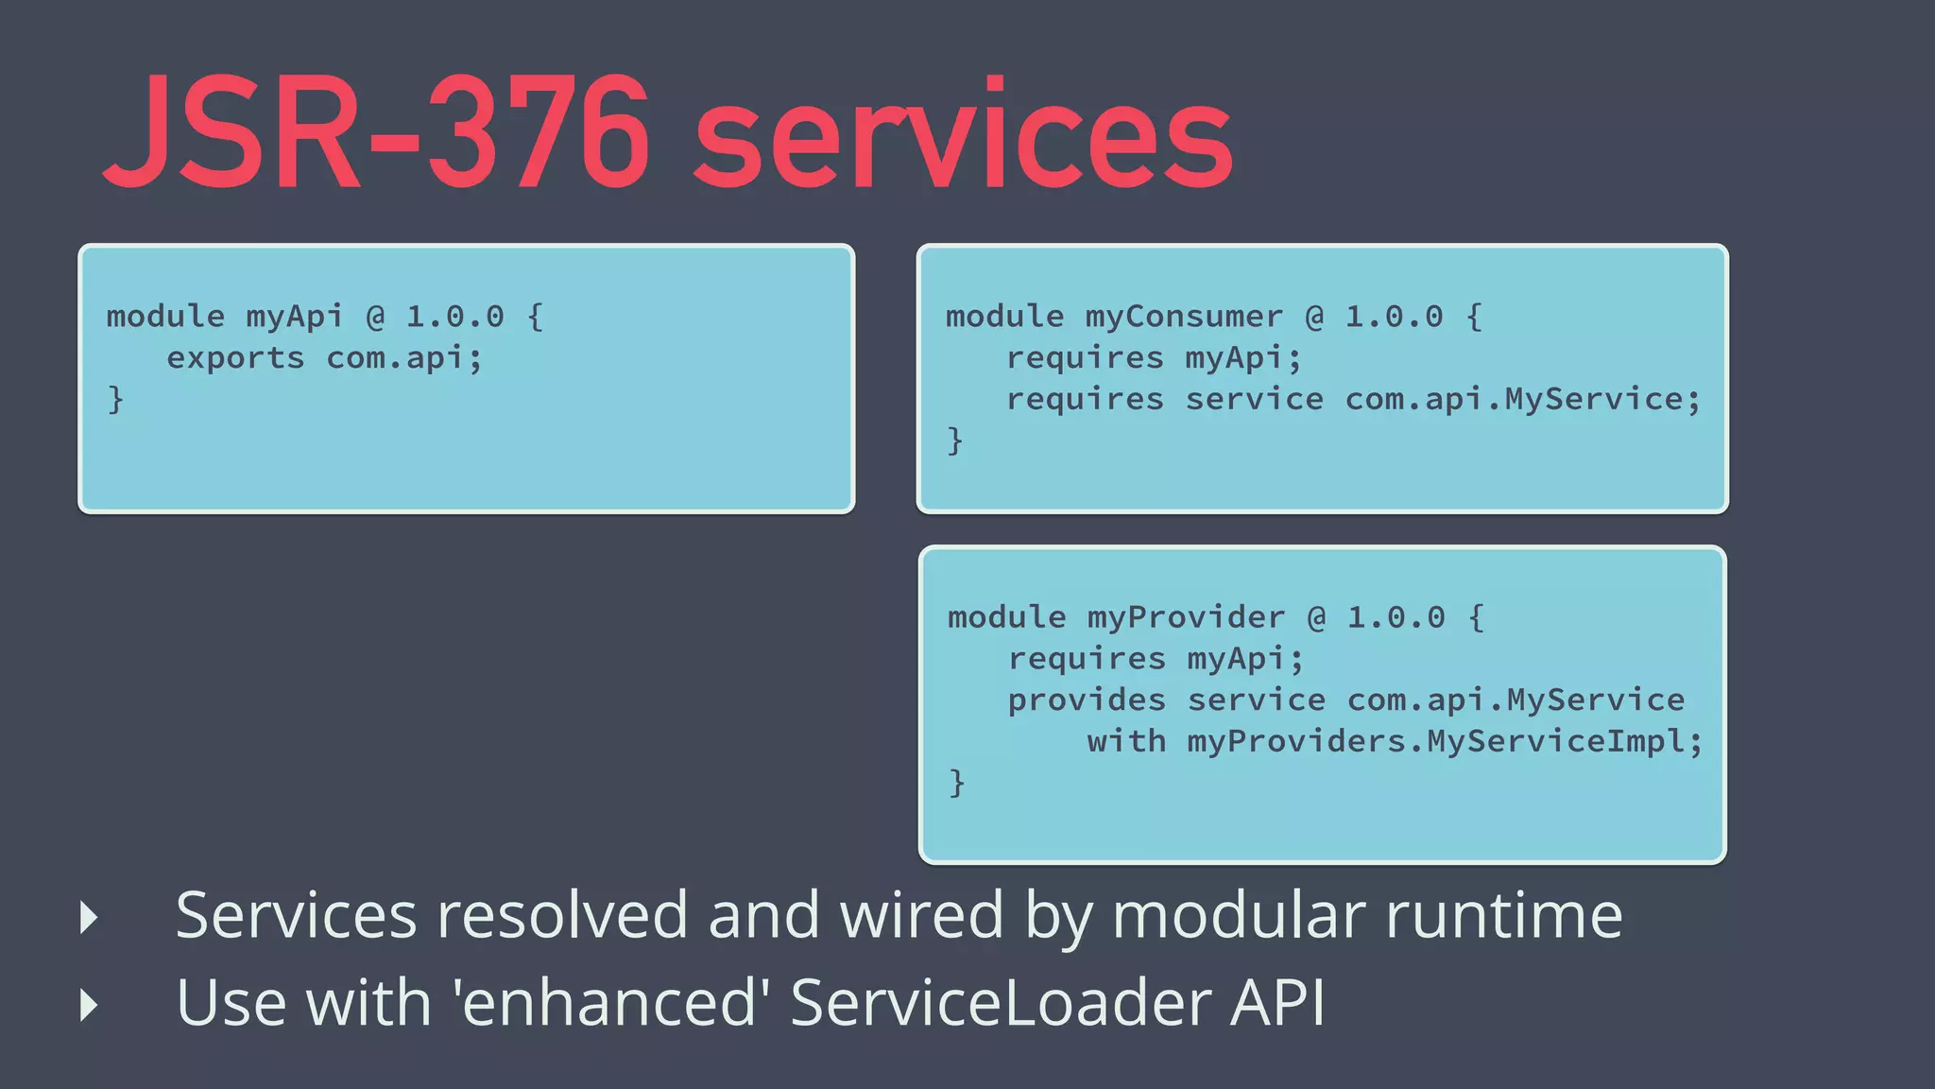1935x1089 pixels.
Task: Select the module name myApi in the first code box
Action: pyautogui.click(x=295, y=317)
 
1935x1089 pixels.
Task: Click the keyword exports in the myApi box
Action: pyautogui.click(x=235, y=358)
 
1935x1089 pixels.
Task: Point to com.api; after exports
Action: pyautogui.click(x=404, y=358)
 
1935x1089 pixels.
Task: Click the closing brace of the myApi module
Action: pyautogui.click(x=115, y=400)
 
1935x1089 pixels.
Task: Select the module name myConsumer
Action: pyautogui.click(x=1184, y=317)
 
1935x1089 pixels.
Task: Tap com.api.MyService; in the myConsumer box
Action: pyautogui.click(x=1522, y=400)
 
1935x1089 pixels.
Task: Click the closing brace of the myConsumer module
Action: pyautogui.click(x=955, y=441)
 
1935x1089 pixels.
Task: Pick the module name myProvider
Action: pyautogui.click(x=1186, y=618)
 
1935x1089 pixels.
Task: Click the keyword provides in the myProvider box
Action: pyautogui.click(x=1087, y=700)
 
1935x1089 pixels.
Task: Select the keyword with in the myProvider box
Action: pyautogui.click(x=1125, y=742)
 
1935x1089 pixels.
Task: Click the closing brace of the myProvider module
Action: pyautogui.click(x=957, y=783)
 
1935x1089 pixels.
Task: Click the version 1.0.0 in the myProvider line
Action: pyautogui.click(x=1396, y=618)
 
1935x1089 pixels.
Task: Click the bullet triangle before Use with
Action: pyautogui.click(x=90, y=1005)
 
